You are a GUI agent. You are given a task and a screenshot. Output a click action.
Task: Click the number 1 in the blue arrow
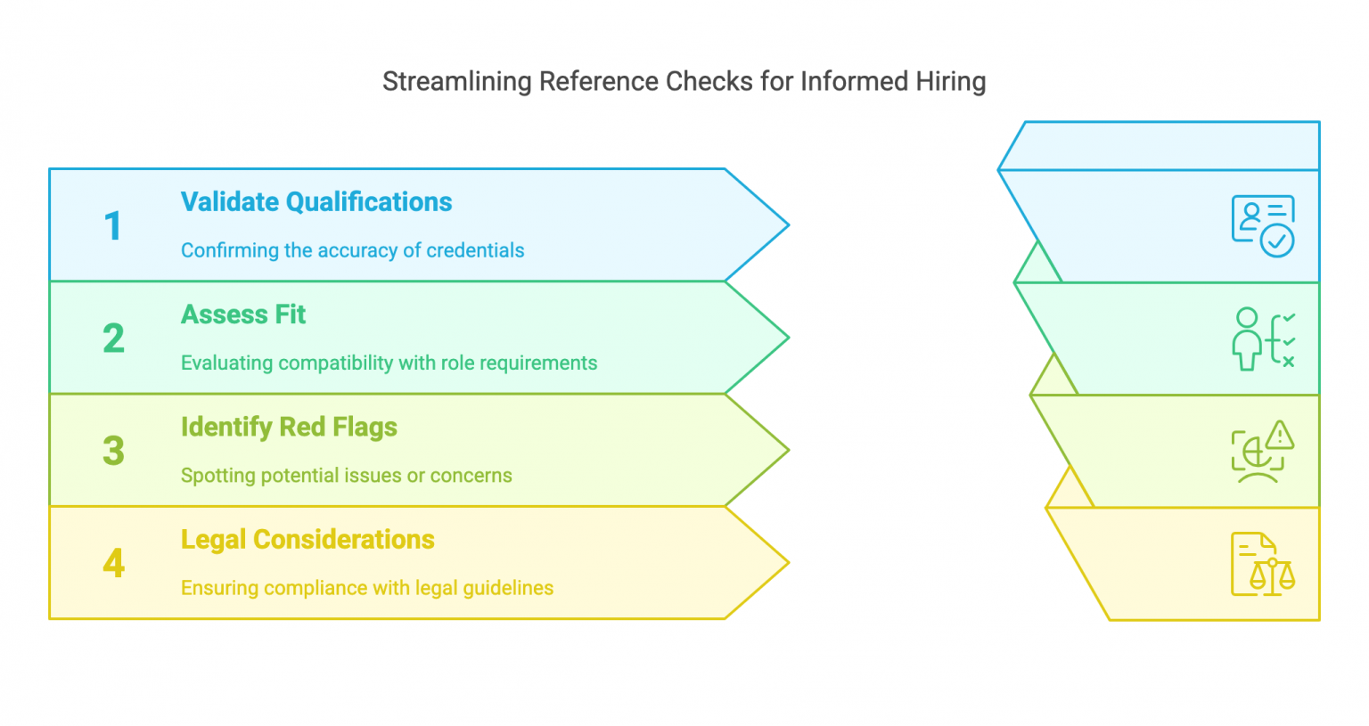tap(112, 226)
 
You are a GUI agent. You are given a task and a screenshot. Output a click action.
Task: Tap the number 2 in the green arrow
tap(113, 339)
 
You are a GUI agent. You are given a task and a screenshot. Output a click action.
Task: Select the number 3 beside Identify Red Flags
tap(113, 451)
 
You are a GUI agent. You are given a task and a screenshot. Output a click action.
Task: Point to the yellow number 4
tap(113, 563)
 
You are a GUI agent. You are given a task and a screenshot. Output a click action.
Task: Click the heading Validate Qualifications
tap(316, 202)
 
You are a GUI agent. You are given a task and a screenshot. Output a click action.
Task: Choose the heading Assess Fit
tap(243, 314)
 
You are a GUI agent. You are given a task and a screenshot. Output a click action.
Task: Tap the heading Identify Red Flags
tap(289, 428)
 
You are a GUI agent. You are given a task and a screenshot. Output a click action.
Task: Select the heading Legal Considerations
tap(307, 540)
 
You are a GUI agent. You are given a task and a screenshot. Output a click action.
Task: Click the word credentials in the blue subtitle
tap(475, 250)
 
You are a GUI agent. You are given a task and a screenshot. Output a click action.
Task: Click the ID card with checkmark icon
tap(1263, 226)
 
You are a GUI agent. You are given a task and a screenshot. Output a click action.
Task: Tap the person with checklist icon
tap(1263, 339)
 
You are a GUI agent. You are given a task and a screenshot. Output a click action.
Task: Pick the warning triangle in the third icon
tap(1280, 435)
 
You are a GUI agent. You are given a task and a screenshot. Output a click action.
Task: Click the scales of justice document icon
tap(1263, 564)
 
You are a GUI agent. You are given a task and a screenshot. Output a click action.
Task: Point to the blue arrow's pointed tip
tap(787, 225)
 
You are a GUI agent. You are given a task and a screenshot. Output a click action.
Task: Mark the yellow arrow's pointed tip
tap(787, 563)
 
